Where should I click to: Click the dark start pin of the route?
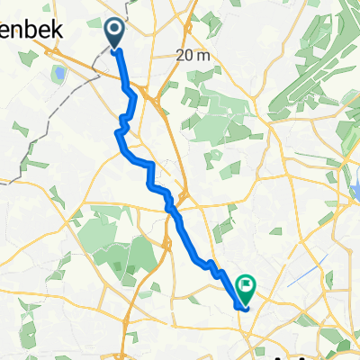(116, 33)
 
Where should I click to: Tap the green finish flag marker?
(245, 287)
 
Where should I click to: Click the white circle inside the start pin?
(116, 31)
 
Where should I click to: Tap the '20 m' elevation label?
(194, 55)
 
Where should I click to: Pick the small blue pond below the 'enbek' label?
(59, 73)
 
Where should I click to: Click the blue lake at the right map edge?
(353, 191)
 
